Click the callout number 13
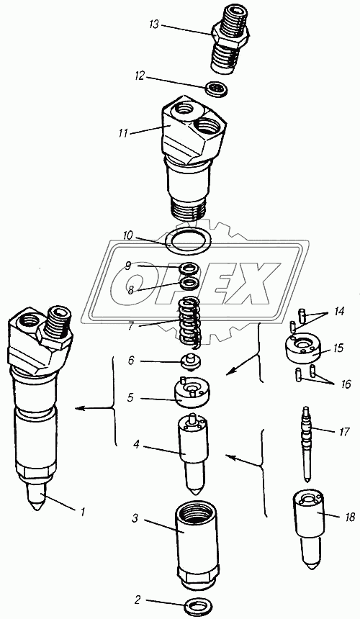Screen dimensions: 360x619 (x=154, y=25)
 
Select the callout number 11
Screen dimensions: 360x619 (x=123, y=133)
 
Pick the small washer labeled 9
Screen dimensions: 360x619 (x=189, y=268)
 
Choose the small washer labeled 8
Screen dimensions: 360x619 (x=189, y=283)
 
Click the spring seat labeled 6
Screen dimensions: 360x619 (x=191, y=361)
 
